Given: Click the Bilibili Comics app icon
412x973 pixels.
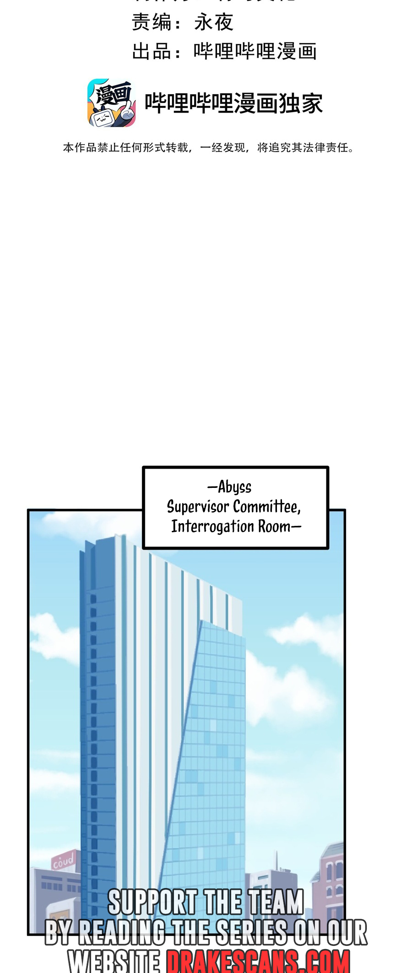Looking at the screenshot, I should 111,103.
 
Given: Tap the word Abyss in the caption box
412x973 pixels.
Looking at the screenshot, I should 234,487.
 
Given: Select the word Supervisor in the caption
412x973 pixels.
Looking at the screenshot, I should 198,507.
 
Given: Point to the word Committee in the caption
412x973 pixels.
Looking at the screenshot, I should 266,507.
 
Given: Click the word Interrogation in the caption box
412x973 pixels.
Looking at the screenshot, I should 213,527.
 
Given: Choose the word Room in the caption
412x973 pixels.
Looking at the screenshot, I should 274,527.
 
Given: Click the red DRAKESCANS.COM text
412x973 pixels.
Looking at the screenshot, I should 258,960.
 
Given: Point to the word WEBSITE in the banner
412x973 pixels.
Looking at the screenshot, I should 114,960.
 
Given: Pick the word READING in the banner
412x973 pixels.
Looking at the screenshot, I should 121,932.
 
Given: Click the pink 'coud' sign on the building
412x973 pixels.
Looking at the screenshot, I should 63,861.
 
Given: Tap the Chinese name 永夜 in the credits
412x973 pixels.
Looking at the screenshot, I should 214,22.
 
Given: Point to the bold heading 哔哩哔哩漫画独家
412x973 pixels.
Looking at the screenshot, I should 233,103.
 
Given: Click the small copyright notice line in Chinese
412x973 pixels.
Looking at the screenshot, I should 208,147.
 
